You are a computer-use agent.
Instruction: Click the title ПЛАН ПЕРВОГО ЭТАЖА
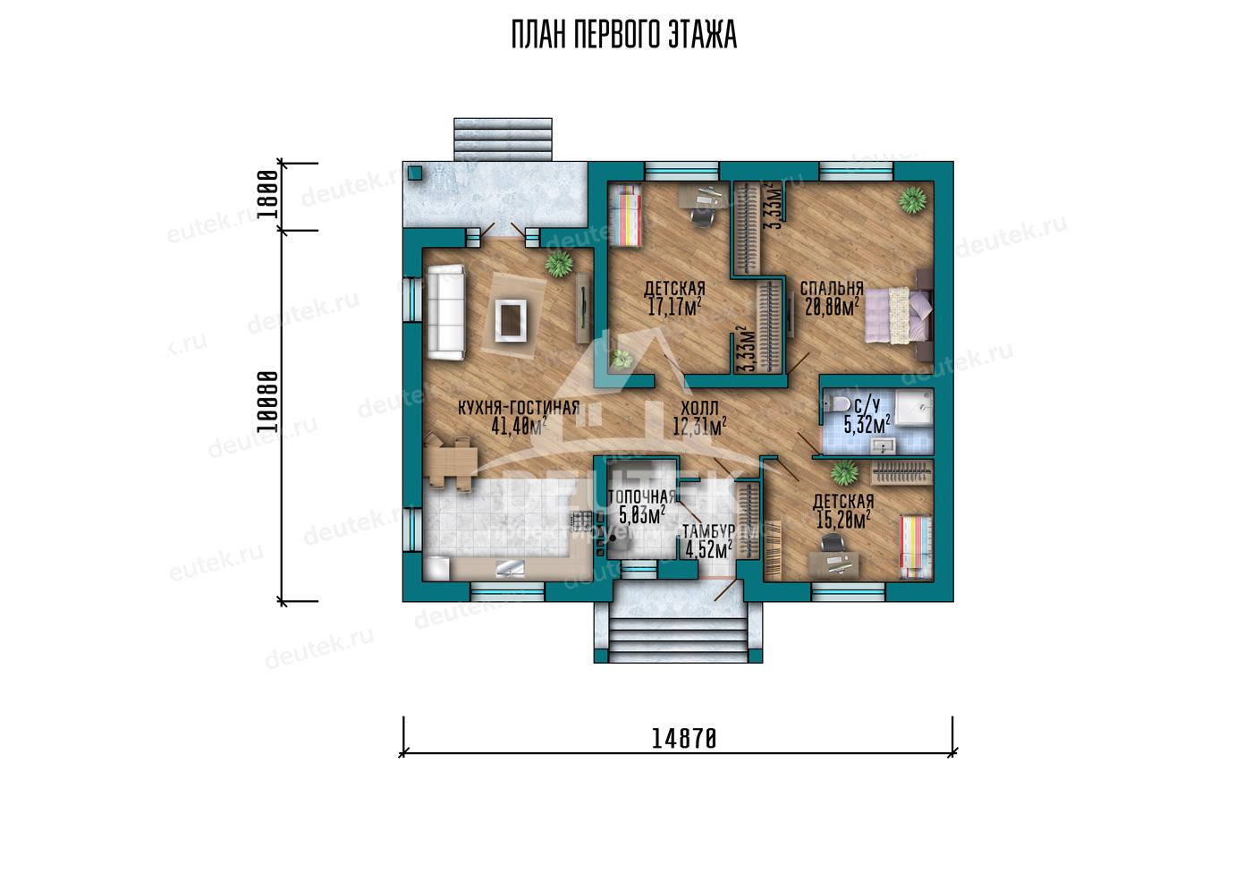point(624,35)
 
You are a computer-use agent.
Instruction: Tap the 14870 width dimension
point(684,739)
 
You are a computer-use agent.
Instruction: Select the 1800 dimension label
point(267,194)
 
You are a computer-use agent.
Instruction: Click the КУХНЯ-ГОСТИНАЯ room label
point(519,408)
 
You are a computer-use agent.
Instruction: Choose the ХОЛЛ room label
point(699,409)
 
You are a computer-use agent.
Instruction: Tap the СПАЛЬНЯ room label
point(832,288)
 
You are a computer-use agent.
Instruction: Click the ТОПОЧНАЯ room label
point(642,496)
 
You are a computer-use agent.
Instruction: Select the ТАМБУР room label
point(708,531)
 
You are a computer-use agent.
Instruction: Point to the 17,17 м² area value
point(674,307)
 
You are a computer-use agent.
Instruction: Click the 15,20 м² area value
point(842,520)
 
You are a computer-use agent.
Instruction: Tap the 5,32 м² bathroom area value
point(867,425)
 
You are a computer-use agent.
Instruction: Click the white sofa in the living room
point(446,312)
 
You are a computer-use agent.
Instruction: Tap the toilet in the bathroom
point(837,403)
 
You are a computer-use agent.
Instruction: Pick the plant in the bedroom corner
point(913,200)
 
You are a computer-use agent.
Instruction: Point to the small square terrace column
point(415,174)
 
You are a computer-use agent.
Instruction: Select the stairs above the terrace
point(503,140)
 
